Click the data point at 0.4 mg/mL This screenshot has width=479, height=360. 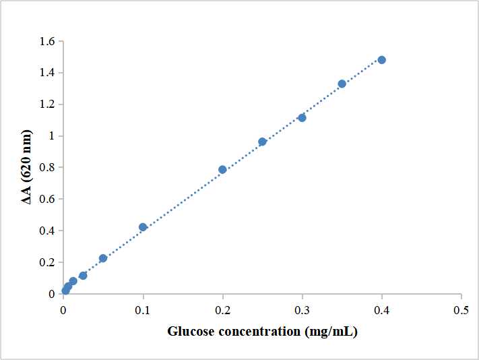pyautogui.click(x=381, y=60)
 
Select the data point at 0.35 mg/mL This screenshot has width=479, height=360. pyautogui.click(x=342, y=84)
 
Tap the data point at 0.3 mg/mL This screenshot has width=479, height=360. pyautogui.click(x=302, y=118)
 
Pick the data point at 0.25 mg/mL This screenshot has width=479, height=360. pyautogui.click(x=262, y=142)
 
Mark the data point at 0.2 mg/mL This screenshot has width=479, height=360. pyautogui.click(x=222, y=170)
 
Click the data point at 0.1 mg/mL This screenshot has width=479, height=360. pyautogui.click(x=143, y=227)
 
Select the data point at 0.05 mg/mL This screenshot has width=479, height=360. pyautogui.click(x=103, y=258)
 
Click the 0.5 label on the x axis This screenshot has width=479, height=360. pyautogui.click(x=461, y=310)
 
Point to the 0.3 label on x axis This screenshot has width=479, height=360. pyautogui.click(x=302, y=310)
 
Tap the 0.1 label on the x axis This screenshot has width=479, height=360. pyautogui.click(x=143, y=310)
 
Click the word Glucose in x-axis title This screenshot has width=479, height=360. pyautogui.click(x=190, y=332)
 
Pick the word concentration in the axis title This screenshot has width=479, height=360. pyautogui.click(x=258, y=332)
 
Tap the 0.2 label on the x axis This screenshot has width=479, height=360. pyautogui.click(x=222, y=310)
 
